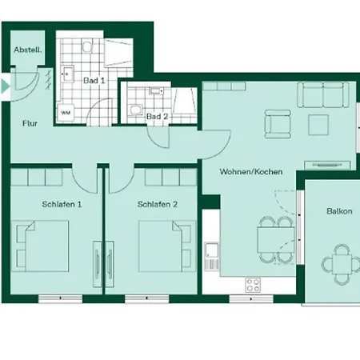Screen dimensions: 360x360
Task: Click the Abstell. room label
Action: point(28,50)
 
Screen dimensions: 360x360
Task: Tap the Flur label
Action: point(30,123)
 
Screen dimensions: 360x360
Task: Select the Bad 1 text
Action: point(94,80)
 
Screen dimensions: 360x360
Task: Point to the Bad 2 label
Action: point(158,116)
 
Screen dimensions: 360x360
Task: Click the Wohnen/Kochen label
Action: point(251,171)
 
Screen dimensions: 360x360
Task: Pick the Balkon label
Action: point(339,211)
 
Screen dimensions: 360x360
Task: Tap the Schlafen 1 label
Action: point(62,204)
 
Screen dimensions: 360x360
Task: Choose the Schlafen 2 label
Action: point(158,204)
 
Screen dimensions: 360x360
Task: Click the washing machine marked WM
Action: point(66,113)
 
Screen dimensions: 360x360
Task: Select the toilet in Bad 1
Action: point(87,46)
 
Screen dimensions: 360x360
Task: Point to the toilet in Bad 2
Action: point(135,110)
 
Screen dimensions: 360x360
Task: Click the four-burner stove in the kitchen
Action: point(253,285)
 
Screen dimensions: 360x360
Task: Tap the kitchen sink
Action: point(211,256)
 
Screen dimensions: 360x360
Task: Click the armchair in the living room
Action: point(278,124)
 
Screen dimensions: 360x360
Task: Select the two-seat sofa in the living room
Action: point(323,94)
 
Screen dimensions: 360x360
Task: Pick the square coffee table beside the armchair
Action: point(318,125)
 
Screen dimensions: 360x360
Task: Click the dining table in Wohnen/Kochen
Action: point(276,240)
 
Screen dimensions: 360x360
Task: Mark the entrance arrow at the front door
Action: point(6,86)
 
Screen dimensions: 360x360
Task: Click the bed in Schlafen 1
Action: point(40,246)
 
